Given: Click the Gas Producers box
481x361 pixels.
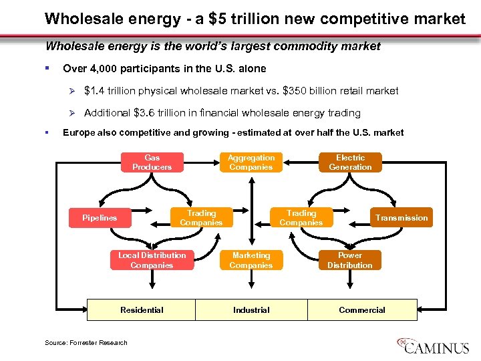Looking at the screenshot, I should (x=152, y=162).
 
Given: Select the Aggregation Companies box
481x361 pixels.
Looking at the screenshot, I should (x=251, y=162).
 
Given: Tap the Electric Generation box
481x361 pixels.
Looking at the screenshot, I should (x=350, y=162).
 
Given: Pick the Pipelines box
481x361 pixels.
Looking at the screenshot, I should (x=100, y=218).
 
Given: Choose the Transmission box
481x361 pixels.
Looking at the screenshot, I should (x=401, y=218).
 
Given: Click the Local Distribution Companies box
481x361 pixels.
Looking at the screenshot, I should (x=152, y=260).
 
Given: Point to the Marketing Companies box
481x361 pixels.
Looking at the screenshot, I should (x=251, y=260).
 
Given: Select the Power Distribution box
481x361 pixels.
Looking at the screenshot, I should (x=350, y=260).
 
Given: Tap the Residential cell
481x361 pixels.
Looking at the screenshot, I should (x=142, y=310).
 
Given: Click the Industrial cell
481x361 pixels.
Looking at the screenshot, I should (x=251, y=310).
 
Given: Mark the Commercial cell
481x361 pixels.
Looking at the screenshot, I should (x=362, y=310).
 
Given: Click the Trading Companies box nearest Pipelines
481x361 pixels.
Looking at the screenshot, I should (x=201, y=218).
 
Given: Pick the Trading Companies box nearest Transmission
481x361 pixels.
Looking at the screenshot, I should (x=301, y=218).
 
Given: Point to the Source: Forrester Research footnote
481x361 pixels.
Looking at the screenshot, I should (x=86, y=343).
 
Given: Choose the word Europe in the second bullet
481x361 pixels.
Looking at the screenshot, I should (x=79, y=132).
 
